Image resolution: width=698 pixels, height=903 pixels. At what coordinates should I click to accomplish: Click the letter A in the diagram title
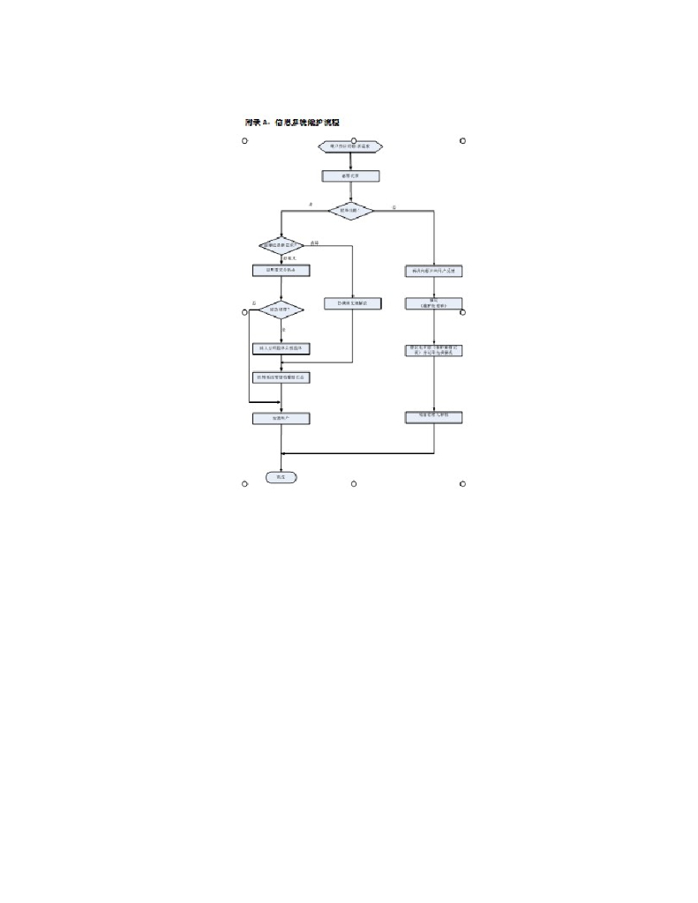(x=264, y=122)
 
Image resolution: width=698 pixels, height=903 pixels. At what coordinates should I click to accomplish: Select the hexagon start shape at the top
(x=350, y=146)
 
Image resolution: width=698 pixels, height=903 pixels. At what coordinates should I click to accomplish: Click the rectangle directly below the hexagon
(x=350, y=176)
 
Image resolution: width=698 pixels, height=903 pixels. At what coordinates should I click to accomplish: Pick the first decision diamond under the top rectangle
(x=350, y=211)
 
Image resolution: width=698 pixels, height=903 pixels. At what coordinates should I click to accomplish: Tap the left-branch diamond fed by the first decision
(x=281, y=245)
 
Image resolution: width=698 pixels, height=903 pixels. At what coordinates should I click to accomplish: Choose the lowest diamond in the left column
(x=281, y=310)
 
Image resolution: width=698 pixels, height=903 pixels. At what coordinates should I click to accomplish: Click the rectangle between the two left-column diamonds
(x=281, y=271)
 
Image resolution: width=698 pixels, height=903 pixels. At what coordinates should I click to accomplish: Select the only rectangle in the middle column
(x=352, y=303)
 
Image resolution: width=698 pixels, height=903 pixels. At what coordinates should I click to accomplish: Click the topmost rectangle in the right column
(x=433, y=271)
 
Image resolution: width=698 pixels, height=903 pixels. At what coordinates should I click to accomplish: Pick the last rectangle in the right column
(x=433, y=415)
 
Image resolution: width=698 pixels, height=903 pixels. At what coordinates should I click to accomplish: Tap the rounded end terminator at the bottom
(x=281, y=477)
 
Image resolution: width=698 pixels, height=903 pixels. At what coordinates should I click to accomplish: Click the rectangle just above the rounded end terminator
(x=281, y=418)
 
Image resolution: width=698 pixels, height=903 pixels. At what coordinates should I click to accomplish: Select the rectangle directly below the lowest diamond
(x=281, y=348)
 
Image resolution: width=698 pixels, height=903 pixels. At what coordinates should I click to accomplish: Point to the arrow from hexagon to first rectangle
(x=350, y=160)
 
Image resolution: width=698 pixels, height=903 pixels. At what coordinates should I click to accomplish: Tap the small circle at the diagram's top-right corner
(x=462, y=141)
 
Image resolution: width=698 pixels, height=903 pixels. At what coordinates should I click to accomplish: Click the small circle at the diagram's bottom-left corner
(x=244, y=483)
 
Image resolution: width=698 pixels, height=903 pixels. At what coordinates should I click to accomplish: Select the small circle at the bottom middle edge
(x=353, y=483)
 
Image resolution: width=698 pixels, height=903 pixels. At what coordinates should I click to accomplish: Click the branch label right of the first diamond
(x=394, y=206)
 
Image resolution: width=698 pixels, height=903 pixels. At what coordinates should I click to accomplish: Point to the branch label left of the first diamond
(x=311, y=205)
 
